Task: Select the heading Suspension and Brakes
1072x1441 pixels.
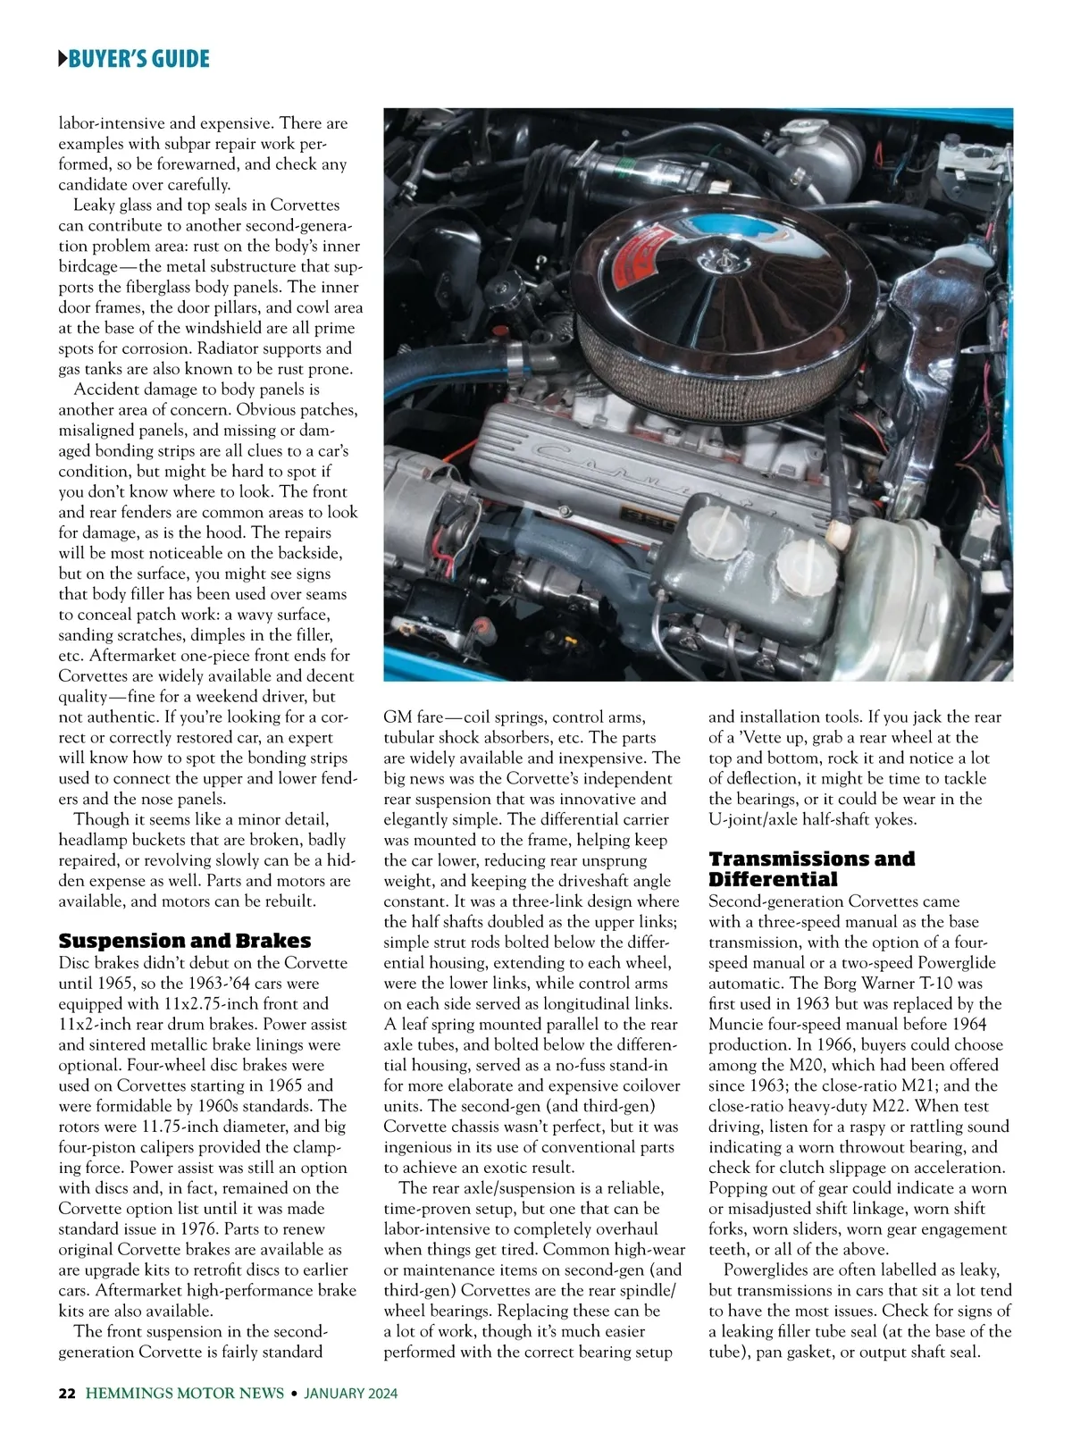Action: [184, 941]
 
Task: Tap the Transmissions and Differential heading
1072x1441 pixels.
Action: [811, 868]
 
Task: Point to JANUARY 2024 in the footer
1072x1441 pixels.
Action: [350, 1394]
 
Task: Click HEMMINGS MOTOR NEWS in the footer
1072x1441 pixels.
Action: [185, 1394]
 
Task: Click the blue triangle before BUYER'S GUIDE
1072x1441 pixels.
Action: [63, 60]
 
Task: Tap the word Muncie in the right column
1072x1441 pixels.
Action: [739, 1024]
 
